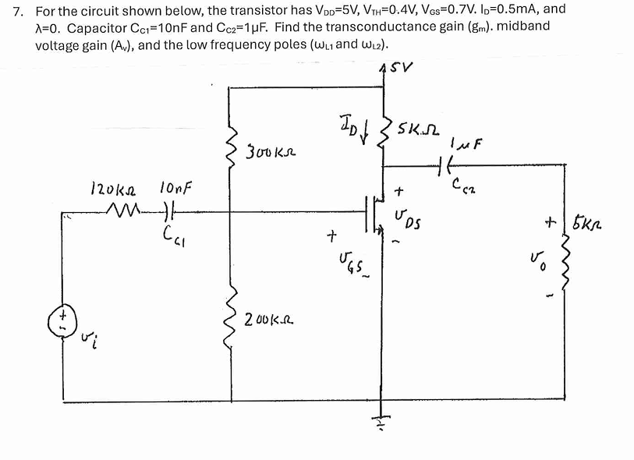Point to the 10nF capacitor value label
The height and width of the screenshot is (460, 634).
click(176, 188)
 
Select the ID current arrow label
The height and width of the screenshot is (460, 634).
click(349, 122)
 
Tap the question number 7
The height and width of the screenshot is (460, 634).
click(19, 11)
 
